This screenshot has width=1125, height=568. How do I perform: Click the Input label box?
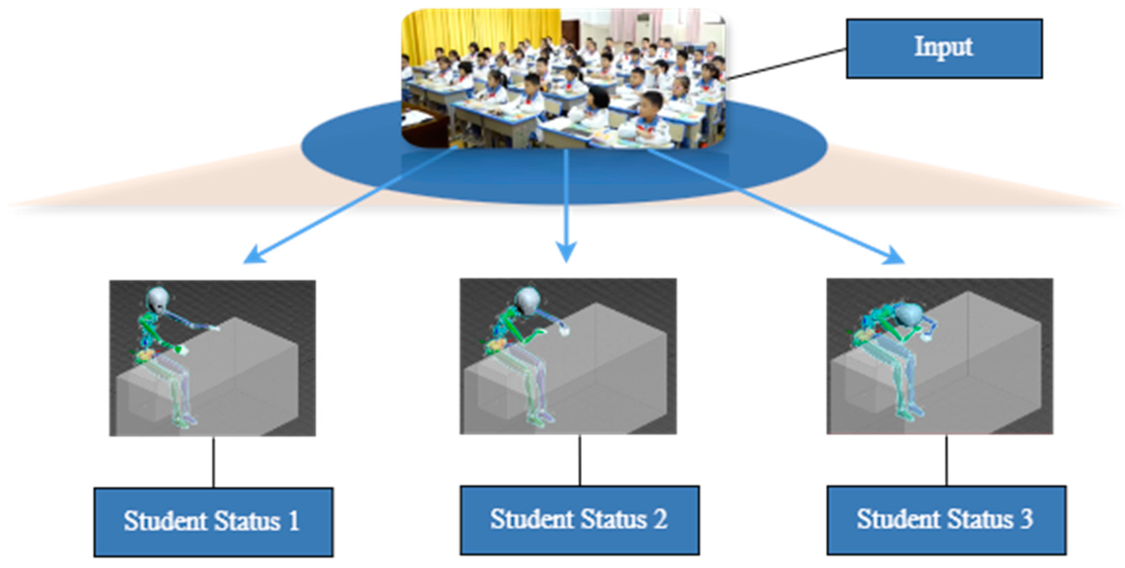coord(944,48)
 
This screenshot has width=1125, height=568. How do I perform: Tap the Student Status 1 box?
coord(213,522)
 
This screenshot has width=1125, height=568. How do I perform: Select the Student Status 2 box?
coord(580,520)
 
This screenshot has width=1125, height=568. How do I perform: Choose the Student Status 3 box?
coord(946,520)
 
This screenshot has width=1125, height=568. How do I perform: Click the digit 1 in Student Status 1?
coord(294,521)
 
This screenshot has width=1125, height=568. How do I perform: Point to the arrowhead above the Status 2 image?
coord(566,254)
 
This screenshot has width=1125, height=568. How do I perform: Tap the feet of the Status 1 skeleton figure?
coord(186,422)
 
